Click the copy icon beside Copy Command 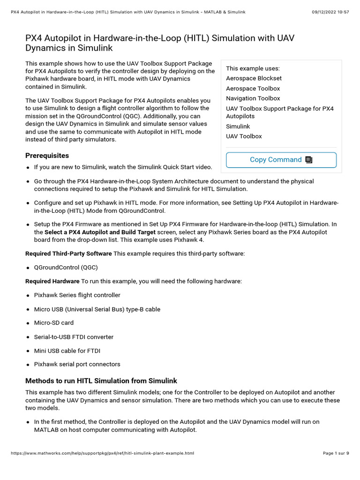(308, 160)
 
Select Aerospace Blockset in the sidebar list (254, 78)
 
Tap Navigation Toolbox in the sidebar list (253, 98)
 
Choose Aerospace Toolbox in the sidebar (253, 89)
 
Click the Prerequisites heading (47, 156)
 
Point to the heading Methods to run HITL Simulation (101, 381)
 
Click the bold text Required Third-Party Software (68, 254)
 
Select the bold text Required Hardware (52, 281)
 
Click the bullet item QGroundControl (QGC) (66, 268)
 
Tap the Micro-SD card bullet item (53, 323)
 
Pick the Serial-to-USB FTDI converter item (74, 337)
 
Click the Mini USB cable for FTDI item (67, 351)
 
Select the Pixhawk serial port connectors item (77, 364)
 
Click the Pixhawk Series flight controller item (77, 295)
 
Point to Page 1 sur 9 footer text (336, 453)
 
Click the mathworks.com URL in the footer (102, 453)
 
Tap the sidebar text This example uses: (253, 68)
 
